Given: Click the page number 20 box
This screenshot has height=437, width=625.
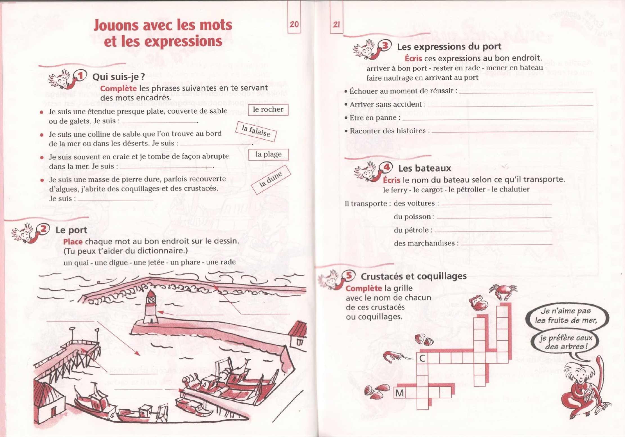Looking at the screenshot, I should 294,24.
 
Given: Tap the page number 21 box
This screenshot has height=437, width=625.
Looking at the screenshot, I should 336,24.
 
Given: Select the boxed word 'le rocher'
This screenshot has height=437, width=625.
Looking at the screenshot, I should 268,110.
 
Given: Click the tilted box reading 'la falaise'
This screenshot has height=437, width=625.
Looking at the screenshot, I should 256,131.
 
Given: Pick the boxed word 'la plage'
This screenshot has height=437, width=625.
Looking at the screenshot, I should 268,154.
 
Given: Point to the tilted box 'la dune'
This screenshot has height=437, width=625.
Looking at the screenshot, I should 271,180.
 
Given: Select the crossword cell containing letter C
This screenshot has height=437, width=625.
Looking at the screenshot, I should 422,358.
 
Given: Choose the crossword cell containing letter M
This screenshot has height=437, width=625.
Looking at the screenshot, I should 399,393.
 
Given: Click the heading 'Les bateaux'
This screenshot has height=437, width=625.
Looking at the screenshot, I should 424,169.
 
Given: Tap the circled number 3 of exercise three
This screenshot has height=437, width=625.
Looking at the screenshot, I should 385,45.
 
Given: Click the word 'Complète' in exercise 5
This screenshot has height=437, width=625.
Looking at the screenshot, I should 363,288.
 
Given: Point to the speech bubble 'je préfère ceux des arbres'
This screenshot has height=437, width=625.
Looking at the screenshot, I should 565,342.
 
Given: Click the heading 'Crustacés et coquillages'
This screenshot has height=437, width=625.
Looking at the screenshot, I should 413,276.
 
